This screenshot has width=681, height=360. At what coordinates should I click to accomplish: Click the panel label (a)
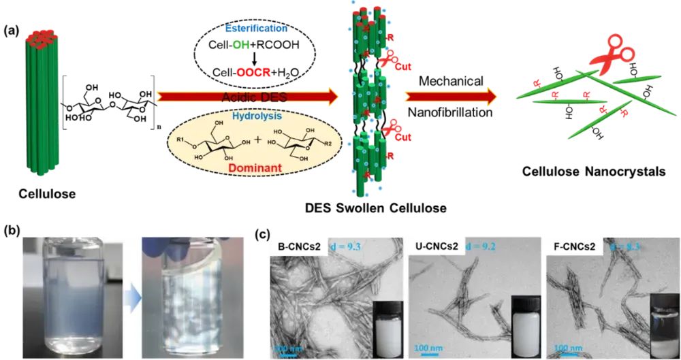[13, 31]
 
